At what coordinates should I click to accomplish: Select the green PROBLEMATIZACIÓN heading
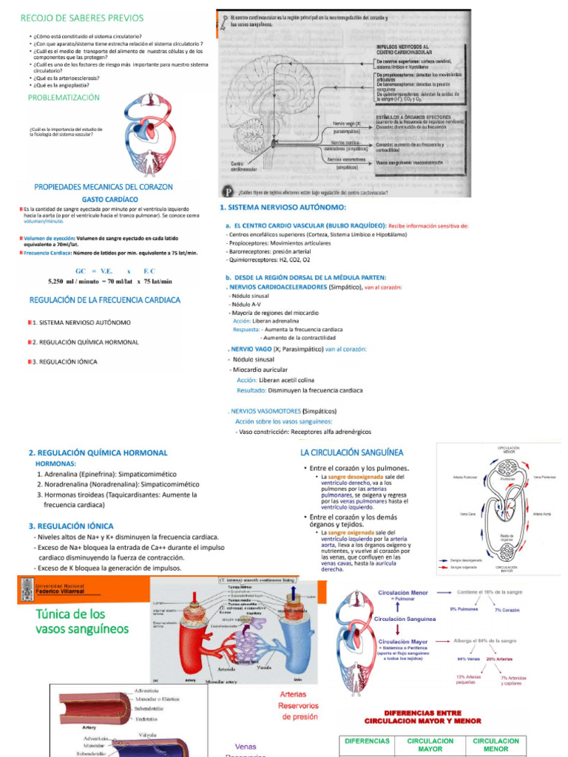tap(63, 98)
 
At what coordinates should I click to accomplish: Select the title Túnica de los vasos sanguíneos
tap(81, 622)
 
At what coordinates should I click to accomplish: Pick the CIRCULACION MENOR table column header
tap(496, 744)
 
